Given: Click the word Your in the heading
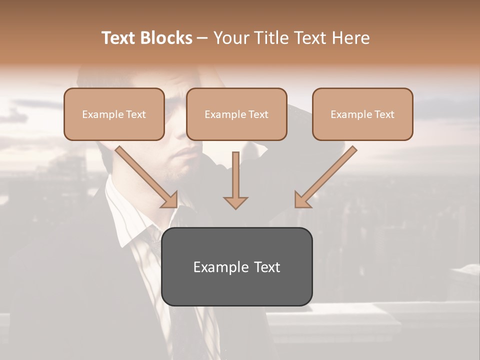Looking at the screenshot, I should (231, 38).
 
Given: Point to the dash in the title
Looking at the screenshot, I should (202, 38).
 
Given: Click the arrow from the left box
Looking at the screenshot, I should (145, 175).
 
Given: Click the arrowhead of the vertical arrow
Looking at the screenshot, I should (235, 202).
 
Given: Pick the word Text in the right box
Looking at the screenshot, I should (384, 114).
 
